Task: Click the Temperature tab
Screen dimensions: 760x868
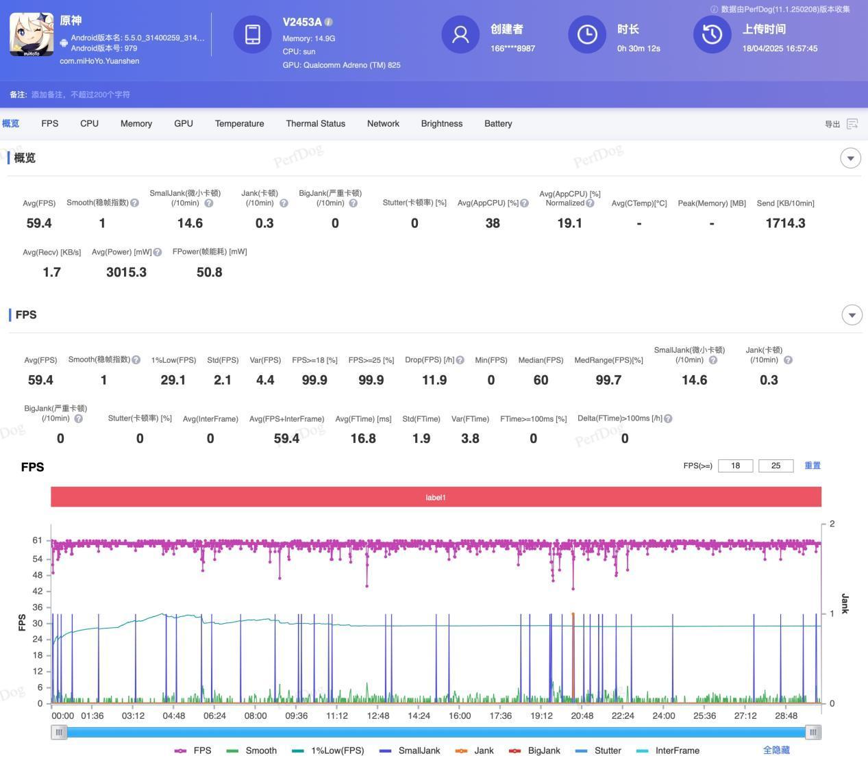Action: click(239, 124)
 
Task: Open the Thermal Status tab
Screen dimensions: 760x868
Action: click(315, 124)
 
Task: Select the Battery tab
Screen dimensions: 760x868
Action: click(498, 124)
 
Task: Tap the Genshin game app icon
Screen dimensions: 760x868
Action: click(32, 34)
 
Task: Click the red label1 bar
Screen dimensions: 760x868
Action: click(436, 497)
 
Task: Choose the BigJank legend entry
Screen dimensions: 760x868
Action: click(536, 750)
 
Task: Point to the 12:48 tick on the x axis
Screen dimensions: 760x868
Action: click(378, 715)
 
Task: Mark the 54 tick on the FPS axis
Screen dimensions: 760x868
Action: click(37, 559)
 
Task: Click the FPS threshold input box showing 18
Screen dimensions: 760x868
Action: click(735, 466)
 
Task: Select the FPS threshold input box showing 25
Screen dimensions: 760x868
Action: click(776, 466)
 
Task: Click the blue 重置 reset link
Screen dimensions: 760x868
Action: click(813, 466)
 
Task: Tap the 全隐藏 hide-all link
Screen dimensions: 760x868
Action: click(776, 750)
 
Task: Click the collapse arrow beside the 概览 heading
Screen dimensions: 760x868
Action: click(850, 158)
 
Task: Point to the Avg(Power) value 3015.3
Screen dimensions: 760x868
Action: click(126, 273)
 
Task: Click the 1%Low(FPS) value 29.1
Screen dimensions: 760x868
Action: click(173, 380)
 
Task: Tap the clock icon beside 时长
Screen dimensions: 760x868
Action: click(587, 34)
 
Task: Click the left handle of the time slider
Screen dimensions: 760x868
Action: click(59, 732)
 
